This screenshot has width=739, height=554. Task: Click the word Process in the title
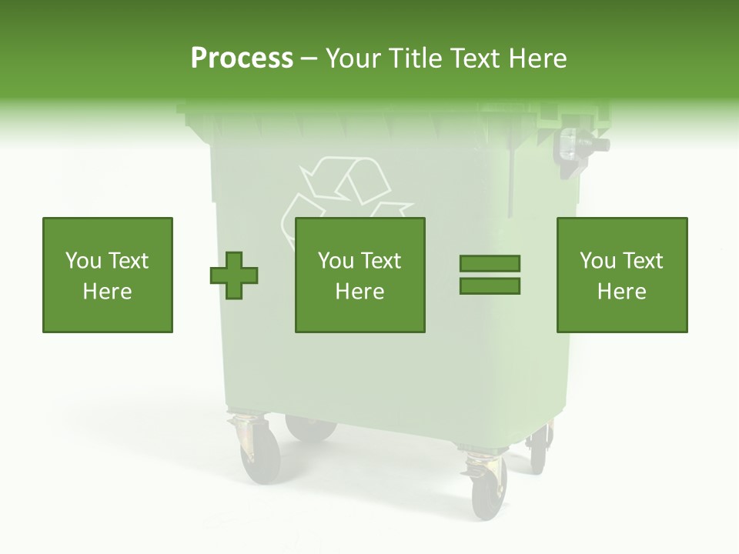(242, 58)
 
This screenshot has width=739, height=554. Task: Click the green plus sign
(234, 275)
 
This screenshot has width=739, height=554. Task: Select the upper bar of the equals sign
(490, 264)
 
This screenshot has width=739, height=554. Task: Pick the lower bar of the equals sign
(490, 286)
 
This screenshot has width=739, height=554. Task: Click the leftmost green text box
(108, 275)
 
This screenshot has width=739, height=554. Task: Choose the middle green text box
(359, 275)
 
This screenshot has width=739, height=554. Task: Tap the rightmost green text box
(622, 275)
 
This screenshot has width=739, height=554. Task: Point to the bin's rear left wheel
(309, 428)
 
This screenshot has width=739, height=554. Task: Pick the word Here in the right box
(622, 292)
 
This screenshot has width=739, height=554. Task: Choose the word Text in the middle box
(381, 261)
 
